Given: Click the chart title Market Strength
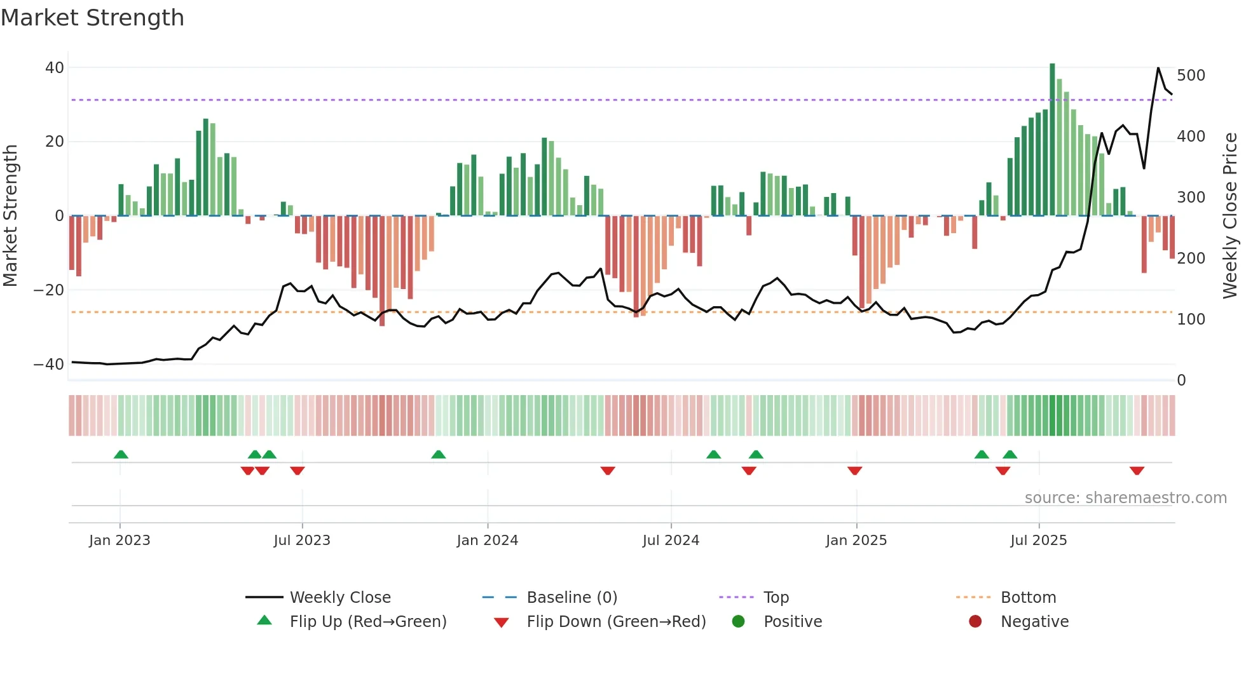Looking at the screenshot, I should click(92, 18).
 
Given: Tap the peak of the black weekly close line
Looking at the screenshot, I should click(1158, 68).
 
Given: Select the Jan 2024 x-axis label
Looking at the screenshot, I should click(488, 541).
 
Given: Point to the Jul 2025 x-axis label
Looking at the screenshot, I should click(1039, 541).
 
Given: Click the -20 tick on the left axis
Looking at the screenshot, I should click(49, 290).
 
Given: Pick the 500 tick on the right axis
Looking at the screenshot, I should click(1191, 76).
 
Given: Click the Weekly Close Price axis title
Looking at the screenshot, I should click(1230, 216).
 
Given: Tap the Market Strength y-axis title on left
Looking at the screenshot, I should click(10, 216).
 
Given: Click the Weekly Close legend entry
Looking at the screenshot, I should click(340, 598).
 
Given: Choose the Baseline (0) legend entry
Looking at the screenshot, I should click(572, 598).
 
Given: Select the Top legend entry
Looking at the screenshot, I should click(776, 598).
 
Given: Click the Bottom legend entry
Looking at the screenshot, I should click(1028, 598).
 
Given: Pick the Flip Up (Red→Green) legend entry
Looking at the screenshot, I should click(367, 622).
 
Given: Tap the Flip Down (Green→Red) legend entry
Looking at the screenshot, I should click(615, 622).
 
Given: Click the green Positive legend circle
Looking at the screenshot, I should click(738, 622).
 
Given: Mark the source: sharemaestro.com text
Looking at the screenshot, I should click(1125, 498).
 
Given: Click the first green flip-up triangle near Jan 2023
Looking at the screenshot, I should click(121, 454).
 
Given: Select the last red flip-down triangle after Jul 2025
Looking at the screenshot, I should click(1137, 471).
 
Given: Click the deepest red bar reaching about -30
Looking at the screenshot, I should click(382, 273).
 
